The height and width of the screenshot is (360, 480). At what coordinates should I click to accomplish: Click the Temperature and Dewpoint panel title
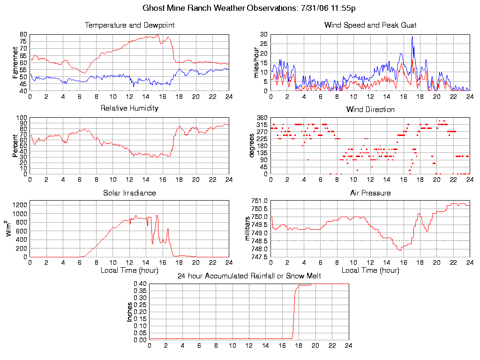click(129, 25)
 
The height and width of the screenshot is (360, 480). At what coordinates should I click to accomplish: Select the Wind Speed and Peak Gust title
click(370, 25)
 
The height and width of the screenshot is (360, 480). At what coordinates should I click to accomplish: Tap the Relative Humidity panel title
click(129, 108)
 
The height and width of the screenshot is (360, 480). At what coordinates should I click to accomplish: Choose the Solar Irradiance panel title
click(129, 193)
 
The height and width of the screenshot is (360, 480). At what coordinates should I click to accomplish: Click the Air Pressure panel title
click(370, 193)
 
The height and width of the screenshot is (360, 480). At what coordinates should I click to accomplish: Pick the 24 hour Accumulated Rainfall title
click(249, 276)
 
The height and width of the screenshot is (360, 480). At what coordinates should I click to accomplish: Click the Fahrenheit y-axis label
click(15, 62)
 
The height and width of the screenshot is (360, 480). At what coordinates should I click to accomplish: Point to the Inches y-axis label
click(130, 311)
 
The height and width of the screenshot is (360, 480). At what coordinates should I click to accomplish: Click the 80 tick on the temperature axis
click(23, 35)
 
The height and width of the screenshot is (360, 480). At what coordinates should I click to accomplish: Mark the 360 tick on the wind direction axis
click(262, 118)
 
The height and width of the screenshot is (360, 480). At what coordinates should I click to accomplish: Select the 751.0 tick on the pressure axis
click(260, 201)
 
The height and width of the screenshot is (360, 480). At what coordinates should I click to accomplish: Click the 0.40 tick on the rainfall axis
click(140, 284)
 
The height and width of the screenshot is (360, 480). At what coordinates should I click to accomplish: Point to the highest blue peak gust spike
click(412, 37)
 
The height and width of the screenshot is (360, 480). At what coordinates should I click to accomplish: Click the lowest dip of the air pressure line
click(400, 250)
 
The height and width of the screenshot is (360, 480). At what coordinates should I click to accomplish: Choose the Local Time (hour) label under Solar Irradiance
click(129, 270)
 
